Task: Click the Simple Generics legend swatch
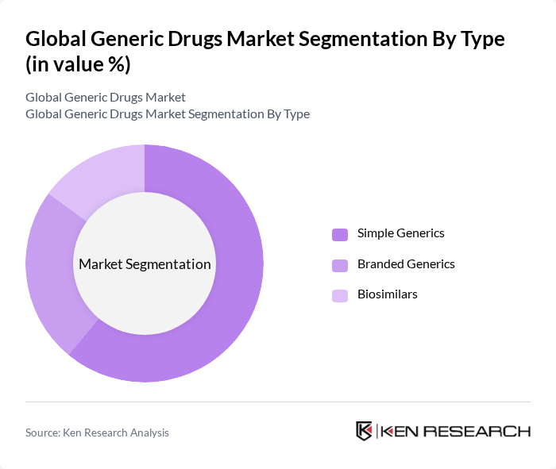point(340,234)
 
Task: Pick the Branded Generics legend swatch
point(340,265)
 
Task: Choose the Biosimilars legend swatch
point(340,295)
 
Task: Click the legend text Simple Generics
point(400,233)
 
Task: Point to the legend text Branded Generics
point(406,264)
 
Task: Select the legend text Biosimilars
point(387,294)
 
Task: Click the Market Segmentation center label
point(145,264)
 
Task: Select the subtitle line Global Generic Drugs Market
point(106,98)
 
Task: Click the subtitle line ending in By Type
point(168,114)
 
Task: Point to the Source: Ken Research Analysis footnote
point(97,432)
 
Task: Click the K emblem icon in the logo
point(365,431)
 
